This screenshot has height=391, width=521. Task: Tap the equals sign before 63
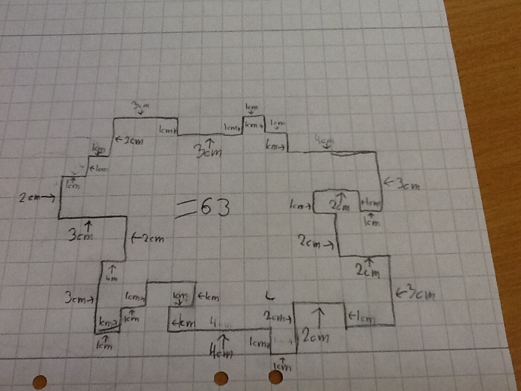click(184, 209)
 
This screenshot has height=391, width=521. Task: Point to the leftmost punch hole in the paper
click(39, 382)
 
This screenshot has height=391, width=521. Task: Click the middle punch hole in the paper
click(221, 378)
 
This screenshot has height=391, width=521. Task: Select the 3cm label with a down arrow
click(139, 105)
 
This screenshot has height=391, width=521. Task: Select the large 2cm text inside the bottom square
click(315, 337)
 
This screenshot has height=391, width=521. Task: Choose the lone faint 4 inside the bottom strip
click(214, 323)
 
